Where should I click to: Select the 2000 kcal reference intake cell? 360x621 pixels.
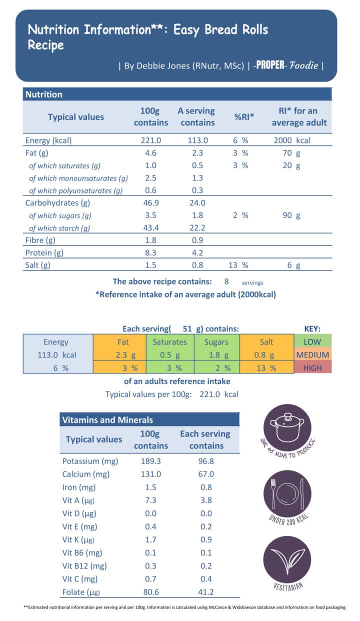coord(291,140)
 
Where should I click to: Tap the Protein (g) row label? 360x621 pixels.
coord(44,253)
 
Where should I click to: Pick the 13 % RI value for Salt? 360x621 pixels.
coord(238,265)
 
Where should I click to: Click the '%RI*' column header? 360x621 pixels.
coord(244,116)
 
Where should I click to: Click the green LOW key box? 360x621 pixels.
coord(312,342)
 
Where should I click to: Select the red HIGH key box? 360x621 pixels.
coord(312,368)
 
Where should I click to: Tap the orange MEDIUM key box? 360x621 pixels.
coord(312,355)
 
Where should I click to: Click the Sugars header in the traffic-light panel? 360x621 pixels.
coord(216,342)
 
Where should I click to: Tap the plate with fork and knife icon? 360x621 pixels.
coord(287,494)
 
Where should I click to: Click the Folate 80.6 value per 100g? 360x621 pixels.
coord(150,591)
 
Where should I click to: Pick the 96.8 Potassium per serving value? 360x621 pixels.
coord(206,461)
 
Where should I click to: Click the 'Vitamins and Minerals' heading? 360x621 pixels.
coord(107,420)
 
